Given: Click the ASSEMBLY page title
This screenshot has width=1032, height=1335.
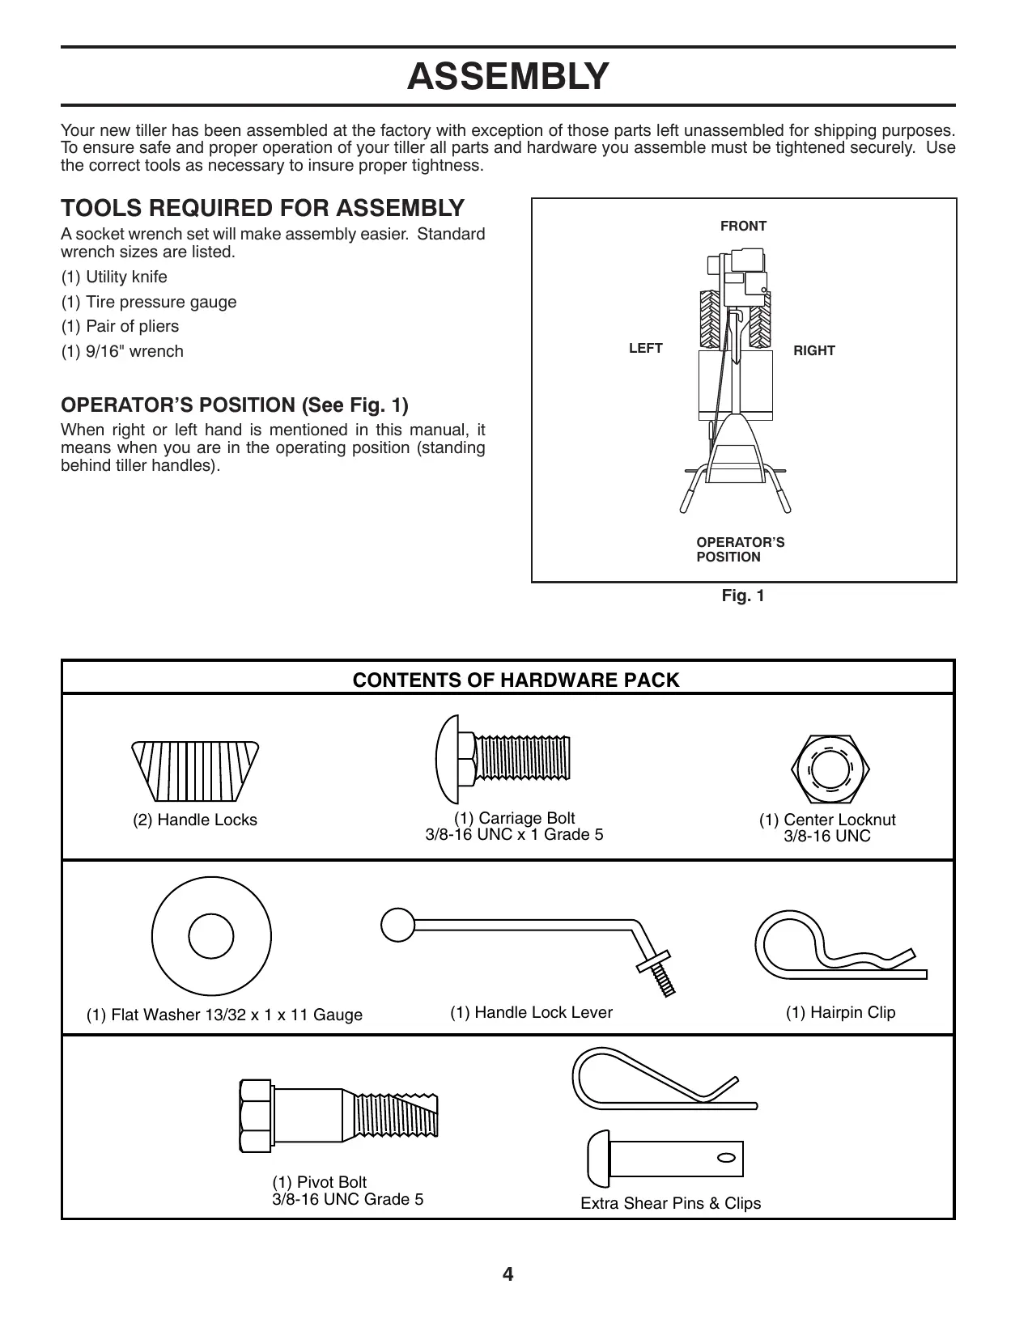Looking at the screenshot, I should pyautogui.click(x=508, y=77).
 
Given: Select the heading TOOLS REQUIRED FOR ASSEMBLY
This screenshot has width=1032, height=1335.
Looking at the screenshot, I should pyautogui.click(x=262, y=209).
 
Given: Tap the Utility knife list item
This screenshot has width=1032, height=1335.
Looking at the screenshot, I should pyautogui.click(x=114, y=277).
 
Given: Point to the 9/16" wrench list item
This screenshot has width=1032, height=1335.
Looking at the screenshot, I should pyautogui.click(x=122, y=351).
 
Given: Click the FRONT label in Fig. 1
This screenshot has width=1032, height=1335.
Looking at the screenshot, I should pyautogui.click(x=743, y=227).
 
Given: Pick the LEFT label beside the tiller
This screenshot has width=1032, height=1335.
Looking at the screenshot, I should pyautogui.click(x=645, y=349).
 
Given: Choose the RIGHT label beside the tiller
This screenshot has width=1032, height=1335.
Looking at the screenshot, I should pyautogui.click(x=813, y=351).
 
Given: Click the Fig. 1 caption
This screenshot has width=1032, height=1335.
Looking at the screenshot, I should pyautogui.click(x=743, y=596).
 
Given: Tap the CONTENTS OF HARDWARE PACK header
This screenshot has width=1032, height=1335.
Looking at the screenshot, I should pyautogui.click(x=516, y=680).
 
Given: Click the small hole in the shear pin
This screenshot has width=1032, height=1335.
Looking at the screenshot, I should pyautogui.click(x=726, y=1156).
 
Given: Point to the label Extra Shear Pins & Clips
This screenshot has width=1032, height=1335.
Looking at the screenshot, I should pyautogui.click(x=670, y=1204).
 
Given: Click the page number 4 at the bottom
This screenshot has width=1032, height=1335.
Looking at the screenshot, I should pyautogui.click(x=508, y=1275).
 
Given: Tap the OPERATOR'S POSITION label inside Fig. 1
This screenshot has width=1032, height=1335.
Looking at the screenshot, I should pyautogui.click(x=740, y=550).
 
